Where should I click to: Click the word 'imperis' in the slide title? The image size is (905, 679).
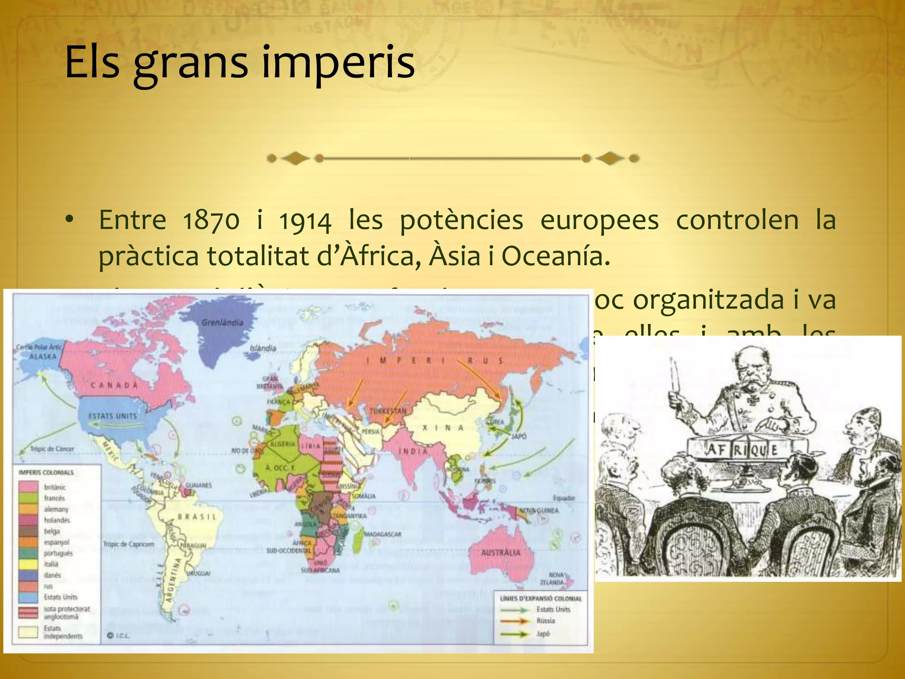[x=338, y=63]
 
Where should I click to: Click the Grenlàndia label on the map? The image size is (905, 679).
[x=222, y=322]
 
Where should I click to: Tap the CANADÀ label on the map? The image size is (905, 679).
[x=114, y=385]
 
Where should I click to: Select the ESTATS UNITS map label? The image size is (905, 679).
[x=112, y=416]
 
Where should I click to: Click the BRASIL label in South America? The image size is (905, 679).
[x=197, y=516]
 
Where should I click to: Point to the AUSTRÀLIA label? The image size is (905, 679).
[x=501, y=553]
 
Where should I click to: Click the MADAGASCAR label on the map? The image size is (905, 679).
[x=383, y=534]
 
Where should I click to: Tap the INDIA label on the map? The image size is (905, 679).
[x=413, y=451]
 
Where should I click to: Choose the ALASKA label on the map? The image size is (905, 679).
[x=43, y=356]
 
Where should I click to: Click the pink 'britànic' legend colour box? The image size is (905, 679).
[x=28, y=487]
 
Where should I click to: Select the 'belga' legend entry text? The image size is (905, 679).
[x=52, y=531]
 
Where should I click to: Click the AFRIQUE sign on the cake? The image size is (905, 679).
[x=742, y=450]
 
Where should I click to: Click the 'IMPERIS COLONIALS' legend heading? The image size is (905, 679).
[x=46, y=473]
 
